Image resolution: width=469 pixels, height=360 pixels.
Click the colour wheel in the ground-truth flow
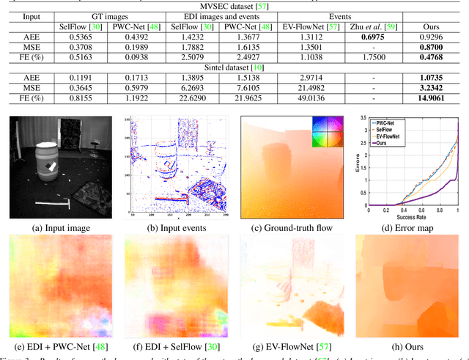tap(327, 131)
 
